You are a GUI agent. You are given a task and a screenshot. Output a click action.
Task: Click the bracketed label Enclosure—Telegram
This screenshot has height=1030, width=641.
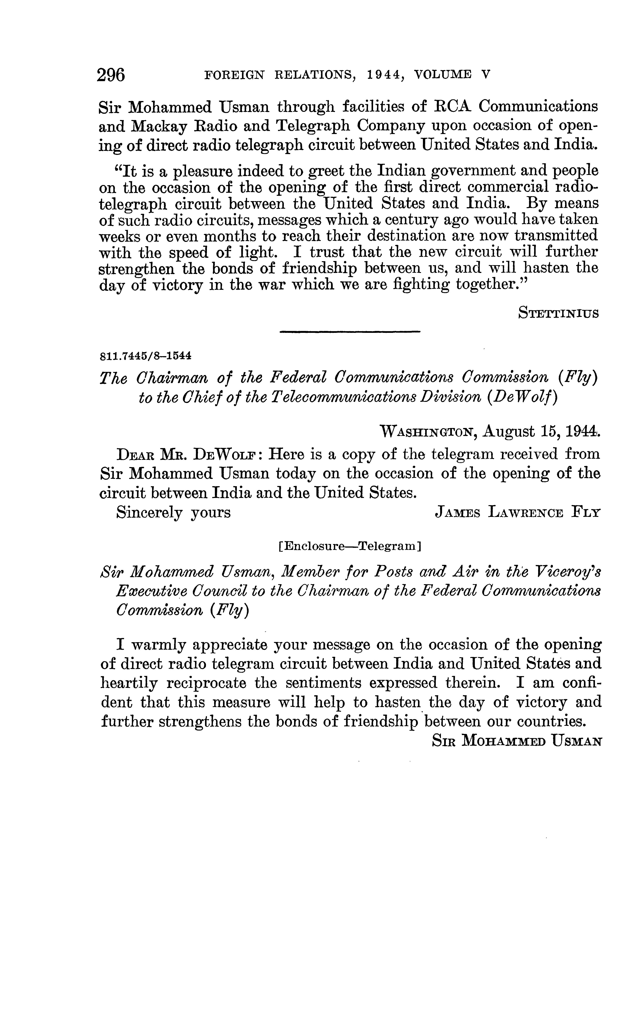click(349, 546)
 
